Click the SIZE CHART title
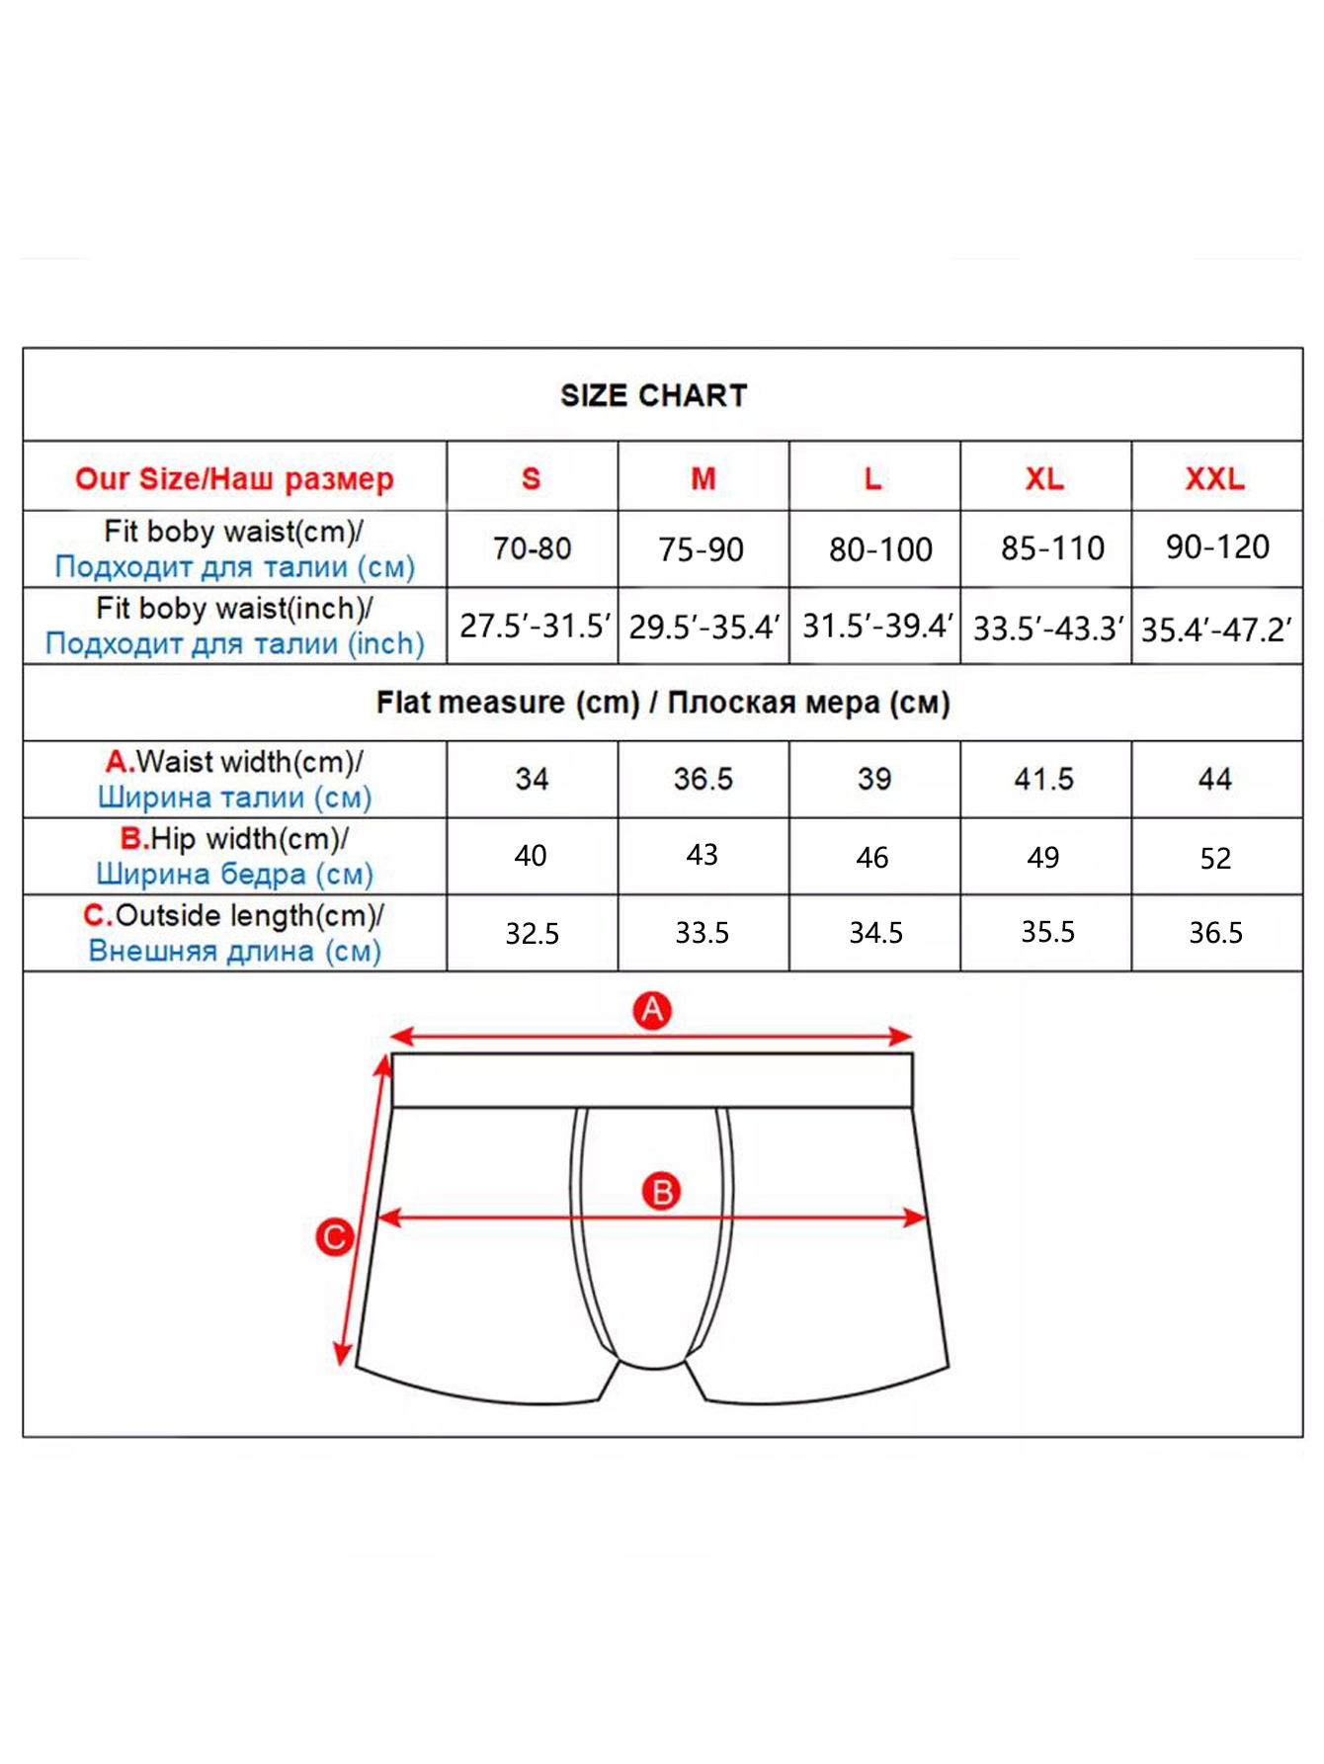click(653, 395)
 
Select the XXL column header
click(1214, 479)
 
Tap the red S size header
click(532, 479)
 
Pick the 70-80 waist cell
click(532, 548)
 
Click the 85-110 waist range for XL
click(1051, 548)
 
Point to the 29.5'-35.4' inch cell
click(703, 627)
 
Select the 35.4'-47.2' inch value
click(1216, 629)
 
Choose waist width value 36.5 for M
click(703, 779)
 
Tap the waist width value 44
click(1214, 779)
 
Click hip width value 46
click(872, 857)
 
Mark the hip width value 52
click(1215, 858)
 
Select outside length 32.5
click(532, 933)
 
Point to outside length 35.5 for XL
click(1047, 931)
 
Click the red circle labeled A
click(652, 1011)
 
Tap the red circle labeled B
click(662, 1192)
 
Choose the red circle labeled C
click(335, 1237)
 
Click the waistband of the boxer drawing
click(652, 1080)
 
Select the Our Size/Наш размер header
click(234, 479)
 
